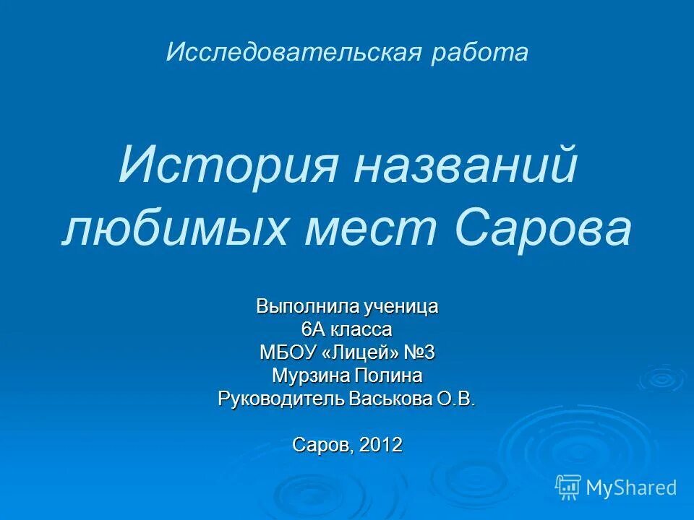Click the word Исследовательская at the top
(x=292, y=52)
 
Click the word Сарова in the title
(x=544, y=229)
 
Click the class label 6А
(x=315, y=330)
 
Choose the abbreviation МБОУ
(x=286, y=353)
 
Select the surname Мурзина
(x=309, y=376)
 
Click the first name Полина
(x=386, y=376)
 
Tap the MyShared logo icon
(x=568, y=487)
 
